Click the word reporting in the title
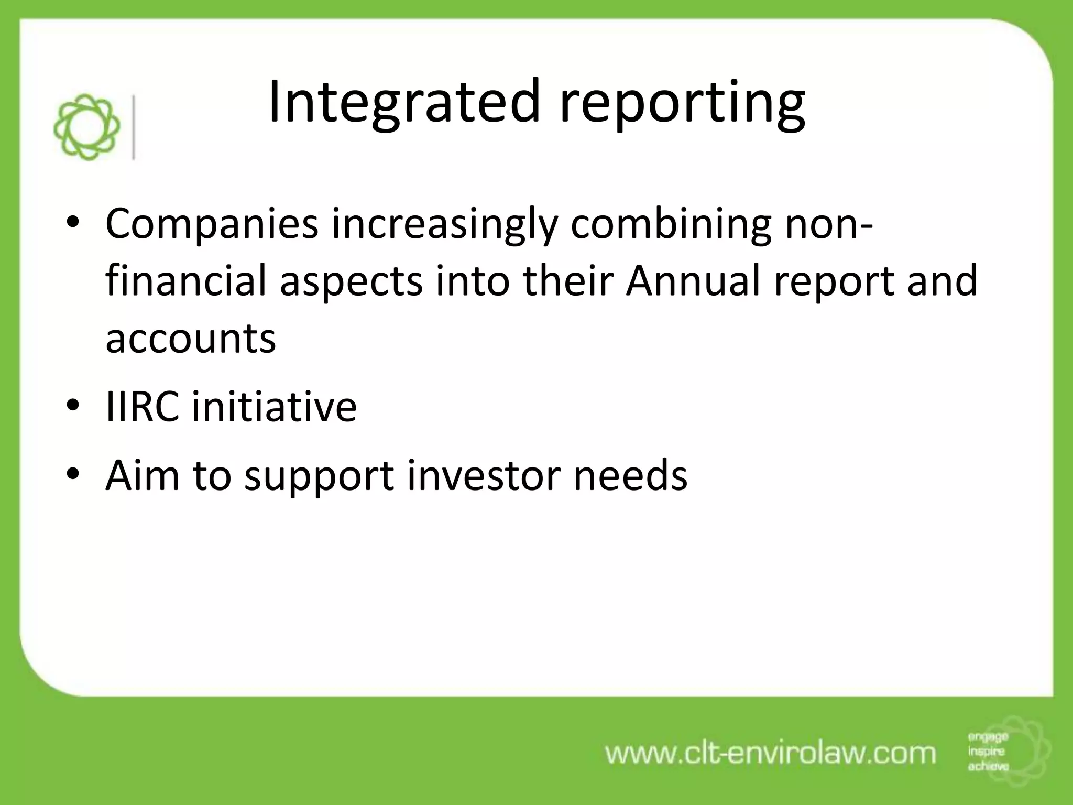(x=681, y=105)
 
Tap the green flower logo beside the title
(x=87, y=127)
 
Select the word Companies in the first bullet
(x=212, y=224)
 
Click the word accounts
(x=190, y=338)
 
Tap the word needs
(x=630, y=475)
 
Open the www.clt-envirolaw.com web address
(x=770, y=753)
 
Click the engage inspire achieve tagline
(x=988, y=752)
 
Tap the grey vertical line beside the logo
(x=134, y=127)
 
